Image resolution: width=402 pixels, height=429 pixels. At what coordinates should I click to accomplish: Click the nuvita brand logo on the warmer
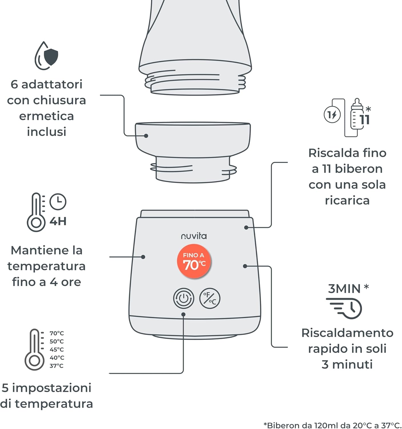point(194,236)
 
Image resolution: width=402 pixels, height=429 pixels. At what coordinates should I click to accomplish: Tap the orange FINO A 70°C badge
point(194,261)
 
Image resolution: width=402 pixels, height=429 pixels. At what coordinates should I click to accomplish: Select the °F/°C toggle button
point(210,298)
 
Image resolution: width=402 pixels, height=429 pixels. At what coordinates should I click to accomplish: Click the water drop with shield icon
point(46,56)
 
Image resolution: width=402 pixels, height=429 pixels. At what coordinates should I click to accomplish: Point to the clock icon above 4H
point(58,202)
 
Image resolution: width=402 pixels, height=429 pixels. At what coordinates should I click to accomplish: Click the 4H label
point(58,221)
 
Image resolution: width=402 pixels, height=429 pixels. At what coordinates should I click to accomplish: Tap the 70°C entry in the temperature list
point(57,333)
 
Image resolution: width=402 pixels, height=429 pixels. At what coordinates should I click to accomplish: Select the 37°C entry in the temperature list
point(56,366)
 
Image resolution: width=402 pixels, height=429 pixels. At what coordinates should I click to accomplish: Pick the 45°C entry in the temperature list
point(57,349)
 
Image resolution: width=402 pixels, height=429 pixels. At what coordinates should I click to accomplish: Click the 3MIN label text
point(344,289)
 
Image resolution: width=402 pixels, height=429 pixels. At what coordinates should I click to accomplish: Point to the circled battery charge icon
point(332,115)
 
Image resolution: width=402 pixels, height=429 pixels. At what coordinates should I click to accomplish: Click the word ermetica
point(46,116)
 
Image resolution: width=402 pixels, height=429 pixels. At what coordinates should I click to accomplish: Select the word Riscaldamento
point(347,333)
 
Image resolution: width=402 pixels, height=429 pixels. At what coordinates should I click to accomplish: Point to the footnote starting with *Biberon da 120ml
point(332,425)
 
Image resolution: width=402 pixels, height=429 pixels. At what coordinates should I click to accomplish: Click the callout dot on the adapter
point(146,136)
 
